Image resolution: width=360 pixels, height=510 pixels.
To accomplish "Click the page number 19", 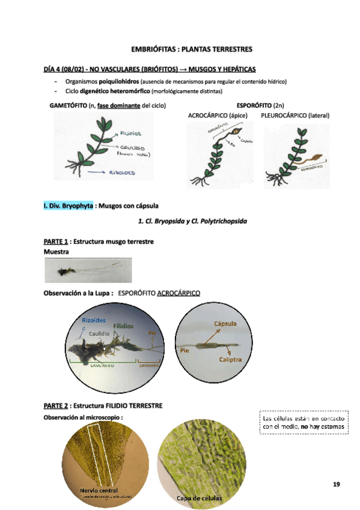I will point(337,484).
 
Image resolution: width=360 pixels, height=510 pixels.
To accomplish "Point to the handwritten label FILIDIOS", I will point(130,132).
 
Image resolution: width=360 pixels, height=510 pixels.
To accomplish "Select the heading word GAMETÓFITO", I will point(67,105).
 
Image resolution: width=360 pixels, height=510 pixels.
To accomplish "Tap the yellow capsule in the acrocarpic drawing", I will point(237,132).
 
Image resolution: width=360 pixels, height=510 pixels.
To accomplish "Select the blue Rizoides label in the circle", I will point(94,320).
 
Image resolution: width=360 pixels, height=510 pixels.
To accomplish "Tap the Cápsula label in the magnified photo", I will point(225,324).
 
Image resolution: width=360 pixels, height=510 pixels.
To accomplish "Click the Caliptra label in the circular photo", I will point(230,359).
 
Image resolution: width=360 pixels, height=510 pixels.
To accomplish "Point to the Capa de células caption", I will point(199,499).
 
